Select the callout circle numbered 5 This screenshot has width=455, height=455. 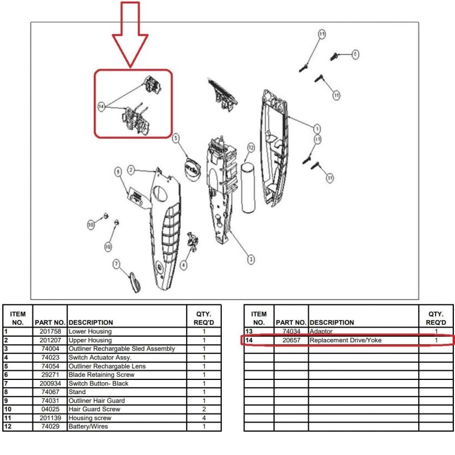(176, 138)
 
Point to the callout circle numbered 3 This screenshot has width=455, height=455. (251, 259)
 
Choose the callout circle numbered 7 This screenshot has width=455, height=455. (117, 264)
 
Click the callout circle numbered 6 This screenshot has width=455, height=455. (355, 55)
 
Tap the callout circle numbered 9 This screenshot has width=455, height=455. (118, 171)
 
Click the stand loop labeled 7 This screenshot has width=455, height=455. (134, 281)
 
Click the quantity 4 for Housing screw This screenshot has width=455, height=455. (204, 418)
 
